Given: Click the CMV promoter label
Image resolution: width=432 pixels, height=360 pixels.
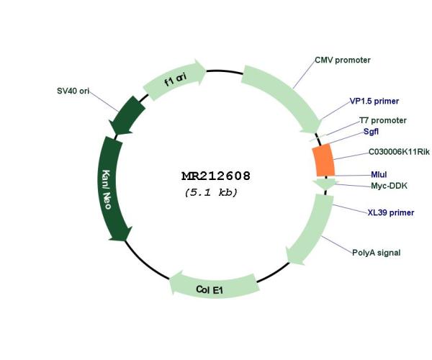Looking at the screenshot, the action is pyautogui.click(x=343, y=60).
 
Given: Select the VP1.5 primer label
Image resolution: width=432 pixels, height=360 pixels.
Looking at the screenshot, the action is pyautogui.click(x=374, y=101).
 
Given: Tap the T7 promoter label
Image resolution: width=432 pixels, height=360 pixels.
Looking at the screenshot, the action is pyautogui.click(x=383, y=120).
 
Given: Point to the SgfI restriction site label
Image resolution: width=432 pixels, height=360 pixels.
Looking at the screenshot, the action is pyautogui.click(x=371, y=132).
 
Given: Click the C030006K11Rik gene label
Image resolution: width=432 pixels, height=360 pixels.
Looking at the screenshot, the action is pyautogui.click(x=399, y=152).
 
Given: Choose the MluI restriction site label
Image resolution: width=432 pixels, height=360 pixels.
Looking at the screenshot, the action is pyautogui.click(x=379, y=174).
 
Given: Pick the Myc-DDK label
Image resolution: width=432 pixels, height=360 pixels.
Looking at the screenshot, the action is pyautogui.click(x=389, y=186).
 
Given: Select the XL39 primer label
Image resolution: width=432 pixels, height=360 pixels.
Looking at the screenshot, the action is pyautogui.click(x=391, y=212).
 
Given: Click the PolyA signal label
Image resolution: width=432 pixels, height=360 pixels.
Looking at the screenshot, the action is pyautogui.click(x=376, y=253).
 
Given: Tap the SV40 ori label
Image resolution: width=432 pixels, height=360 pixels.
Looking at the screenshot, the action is pyautogui.click(x=73, y=91).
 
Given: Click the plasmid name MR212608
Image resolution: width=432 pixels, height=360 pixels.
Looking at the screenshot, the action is pyautogui.click(x=216, y=176).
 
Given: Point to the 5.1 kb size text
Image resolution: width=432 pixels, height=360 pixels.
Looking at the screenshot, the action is pyautogui.click(x=211, y=192).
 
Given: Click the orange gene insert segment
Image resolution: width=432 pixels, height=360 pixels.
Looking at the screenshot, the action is pyautogui.click(x=323, y=160).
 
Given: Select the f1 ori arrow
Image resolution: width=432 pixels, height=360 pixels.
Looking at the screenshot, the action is pyautogui.click(x=175, y=80).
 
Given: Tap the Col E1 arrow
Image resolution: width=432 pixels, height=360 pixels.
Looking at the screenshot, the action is pyautogui.click(x=214, y=286).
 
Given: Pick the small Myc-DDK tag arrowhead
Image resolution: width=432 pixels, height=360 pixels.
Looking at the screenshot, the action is pyautogui.click(x=325, y=184).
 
